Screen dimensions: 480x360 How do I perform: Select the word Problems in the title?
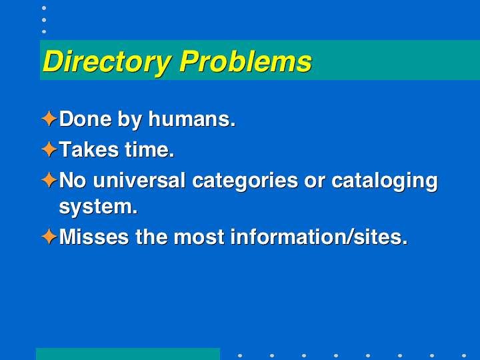coord(246,61)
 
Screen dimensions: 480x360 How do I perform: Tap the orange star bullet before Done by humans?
coord(49,119)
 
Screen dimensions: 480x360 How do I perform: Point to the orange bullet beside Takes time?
coord(49,149)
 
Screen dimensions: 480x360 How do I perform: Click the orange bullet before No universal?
coord(49,180)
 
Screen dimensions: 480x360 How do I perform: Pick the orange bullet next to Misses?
coord(49,237)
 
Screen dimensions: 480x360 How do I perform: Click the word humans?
coord(192,119)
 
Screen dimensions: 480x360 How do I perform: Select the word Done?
coord(85,119)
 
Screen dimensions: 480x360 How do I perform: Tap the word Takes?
coord(89,149)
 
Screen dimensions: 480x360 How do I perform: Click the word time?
coord(149,149)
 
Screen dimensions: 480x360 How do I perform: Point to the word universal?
coord(139,180)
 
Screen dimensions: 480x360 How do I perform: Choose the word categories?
coord(245,181)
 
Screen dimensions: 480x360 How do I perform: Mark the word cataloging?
coord(385,181)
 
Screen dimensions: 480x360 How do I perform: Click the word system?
coord(98,207)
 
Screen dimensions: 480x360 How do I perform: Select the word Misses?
coord(94,237)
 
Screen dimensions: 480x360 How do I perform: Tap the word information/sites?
coord(319,237)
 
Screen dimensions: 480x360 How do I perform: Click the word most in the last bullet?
coord(199,237)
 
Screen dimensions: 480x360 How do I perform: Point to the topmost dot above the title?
coord(44,8)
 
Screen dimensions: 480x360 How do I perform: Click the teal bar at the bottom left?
coord(128,354)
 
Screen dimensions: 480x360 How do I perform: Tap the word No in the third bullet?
coord(73,180)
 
